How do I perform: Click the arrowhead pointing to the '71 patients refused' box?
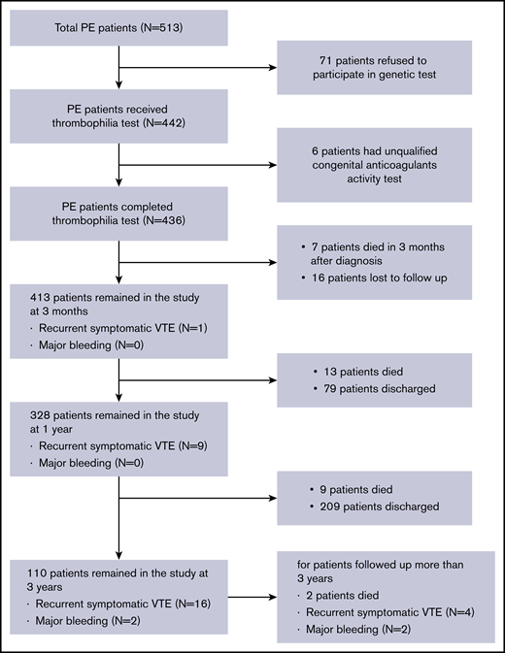click(271, 69)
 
